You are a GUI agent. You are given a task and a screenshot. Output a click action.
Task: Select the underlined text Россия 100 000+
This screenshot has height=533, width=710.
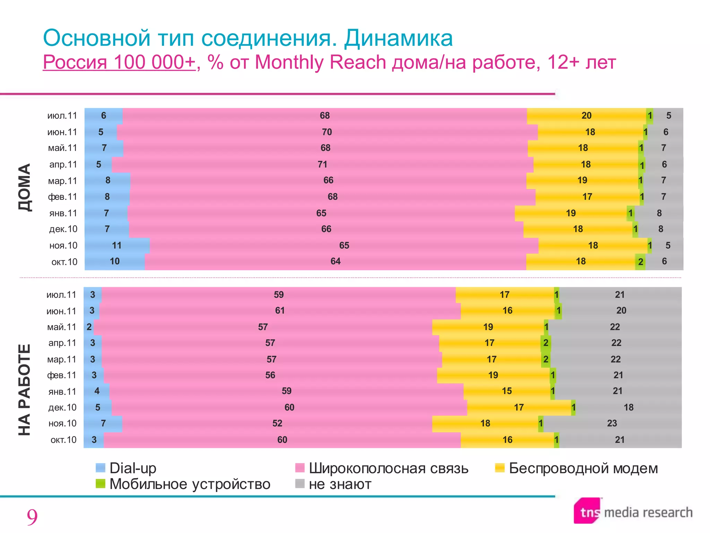pos(119,62)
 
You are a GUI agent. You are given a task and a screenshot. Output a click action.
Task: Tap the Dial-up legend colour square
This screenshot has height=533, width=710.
pos(100,468)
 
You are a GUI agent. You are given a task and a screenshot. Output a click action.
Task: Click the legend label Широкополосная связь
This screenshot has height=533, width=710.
pos(388,468)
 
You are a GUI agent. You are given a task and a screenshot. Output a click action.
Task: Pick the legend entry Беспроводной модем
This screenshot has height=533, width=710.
pos(583,468)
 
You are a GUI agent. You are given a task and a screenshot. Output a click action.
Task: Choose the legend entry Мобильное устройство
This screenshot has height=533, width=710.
pos(190,484)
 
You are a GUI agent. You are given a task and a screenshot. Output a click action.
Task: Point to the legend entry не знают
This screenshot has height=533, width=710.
pos(340,484)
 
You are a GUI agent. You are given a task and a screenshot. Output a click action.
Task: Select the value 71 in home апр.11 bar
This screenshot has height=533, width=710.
pos(322,164)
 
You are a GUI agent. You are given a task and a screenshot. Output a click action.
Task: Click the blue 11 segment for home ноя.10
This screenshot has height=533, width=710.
pos(117,245)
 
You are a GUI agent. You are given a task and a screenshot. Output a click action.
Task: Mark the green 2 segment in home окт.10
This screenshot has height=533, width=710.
pos(640,262)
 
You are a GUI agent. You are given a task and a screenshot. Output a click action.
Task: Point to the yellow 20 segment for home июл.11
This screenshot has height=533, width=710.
pos(586,116)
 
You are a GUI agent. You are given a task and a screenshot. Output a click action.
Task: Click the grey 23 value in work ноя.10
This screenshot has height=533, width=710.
pos(612,423)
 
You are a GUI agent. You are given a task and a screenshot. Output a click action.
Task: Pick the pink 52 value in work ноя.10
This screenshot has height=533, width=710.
pos(277,423)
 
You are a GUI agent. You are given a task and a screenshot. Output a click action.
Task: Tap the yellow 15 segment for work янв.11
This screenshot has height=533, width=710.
pos(506,391)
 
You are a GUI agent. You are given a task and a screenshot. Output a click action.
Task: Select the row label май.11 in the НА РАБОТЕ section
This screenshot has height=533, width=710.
pos(62,327)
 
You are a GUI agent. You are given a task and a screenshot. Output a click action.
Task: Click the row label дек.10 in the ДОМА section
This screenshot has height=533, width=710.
pos(63,229)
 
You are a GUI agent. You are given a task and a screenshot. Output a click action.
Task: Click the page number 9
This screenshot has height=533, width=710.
pos(32,517)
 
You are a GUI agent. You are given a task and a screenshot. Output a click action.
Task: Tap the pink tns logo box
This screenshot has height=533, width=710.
pos(588,511)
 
